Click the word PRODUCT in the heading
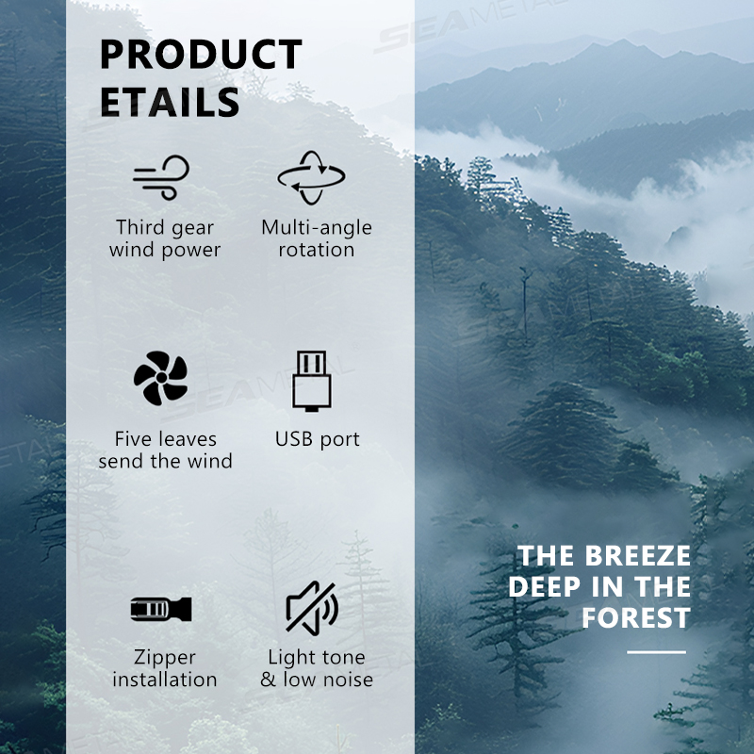point(201,54)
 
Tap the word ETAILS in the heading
point(170,102)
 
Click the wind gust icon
point(161,177)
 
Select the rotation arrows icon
point(311,177)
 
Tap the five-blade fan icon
point(161,378)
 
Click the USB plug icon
point(312,381)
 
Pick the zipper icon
point(161,609)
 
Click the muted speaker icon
point(312,608)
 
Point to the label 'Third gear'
point(165,228)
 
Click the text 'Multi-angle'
point(317,228)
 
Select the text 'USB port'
point(318,439)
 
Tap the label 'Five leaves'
point(166,439)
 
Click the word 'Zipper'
point(164,658)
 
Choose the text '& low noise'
point(317,680)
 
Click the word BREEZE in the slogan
point(637,556)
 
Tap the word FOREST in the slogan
point(635,617)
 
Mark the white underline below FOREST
point(656,652)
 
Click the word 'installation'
point(164,680)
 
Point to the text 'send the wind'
point(166,461)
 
